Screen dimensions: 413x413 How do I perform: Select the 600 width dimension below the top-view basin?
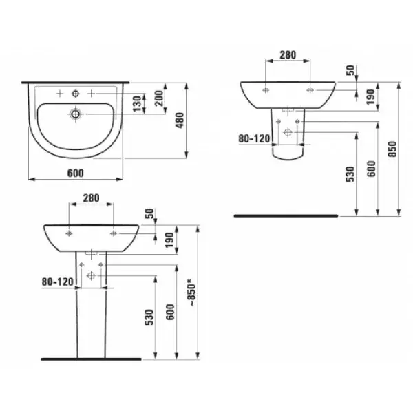coord(76,171)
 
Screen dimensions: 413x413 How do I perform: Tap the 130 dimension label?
coord(138,104)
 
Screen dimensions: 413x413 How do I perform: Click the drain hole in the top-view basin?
coord(74,112)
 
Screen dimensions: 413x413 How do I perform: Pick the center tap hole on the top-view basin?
coord(74,92)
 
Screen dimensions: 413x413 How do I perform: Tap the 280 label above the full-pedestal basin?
coord(91,198)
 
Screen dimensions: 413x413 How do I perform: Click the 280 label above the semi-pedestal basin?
coord(288,54)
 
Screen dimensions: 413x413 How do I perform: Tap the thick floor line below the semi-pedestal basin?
coord(286,215)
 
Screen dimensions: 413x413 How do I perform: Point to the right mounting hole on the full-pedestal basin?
coord(112,233)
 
